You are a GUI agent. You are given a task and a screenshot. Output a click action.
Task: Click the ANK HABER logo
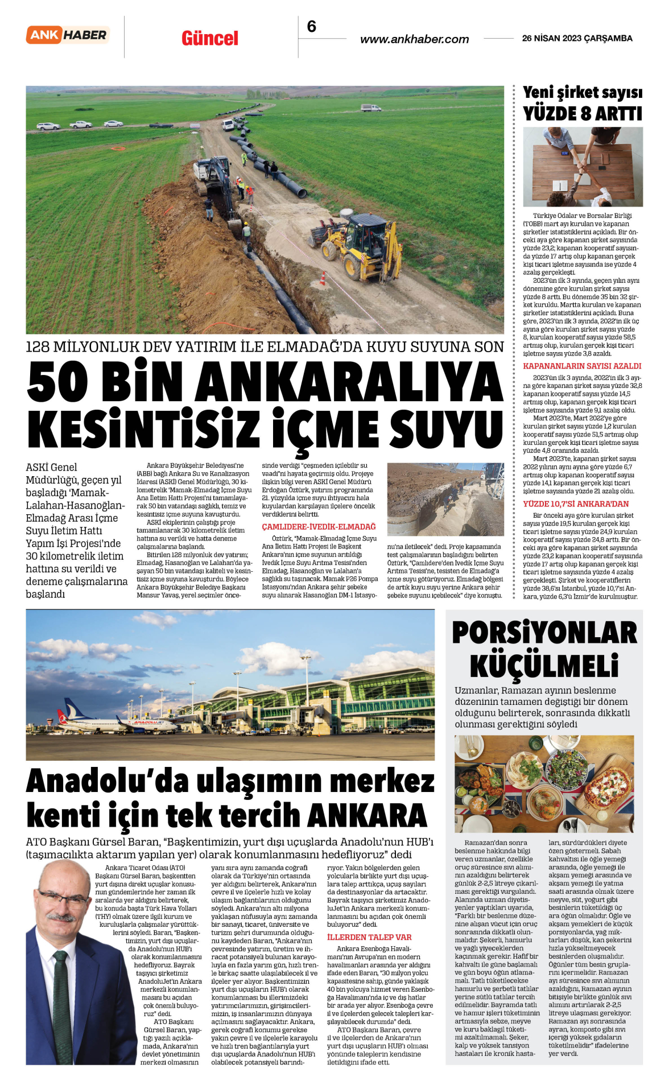pos(68,35)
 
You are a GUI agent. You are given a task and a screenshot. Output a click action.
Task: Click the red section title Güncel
pos(210,39)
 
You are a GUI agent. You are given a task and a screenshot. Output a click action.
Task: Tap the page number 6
pos(311,27)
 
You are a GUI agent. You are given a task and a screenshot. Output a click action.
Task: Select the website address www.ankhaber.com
pos(414,39)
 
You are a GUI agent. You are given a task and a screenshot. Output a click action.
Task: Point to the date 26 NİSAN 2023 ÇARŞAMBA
pos(577,39)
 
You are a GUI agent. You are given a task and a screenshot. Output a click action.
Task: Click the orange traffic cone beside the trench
pos(323,278)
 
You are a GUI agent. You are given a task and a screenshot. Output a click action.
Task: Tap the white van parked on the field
pos(370,108)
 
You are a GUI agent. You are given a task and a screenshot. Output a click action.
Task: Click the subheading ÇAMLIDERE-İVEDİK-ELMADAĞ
pos(319,527)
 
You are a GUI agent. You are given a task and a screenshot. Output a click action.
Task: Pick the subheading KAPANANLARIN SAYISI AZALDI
pos(582,366)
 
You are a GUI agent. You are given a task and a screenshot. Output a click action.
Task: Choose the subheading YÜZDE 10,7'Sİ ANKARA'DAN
pos(576,504)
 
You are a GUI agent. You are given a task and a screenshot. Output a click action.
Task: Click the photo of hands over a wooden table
pos(583,167)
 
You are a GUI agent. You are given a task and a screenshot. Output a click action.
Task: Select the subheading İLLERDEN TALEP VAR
pos(369,937)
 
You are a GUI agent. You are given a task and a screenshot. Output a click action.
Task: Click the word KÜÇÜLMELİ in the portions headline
pos(544,665)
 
